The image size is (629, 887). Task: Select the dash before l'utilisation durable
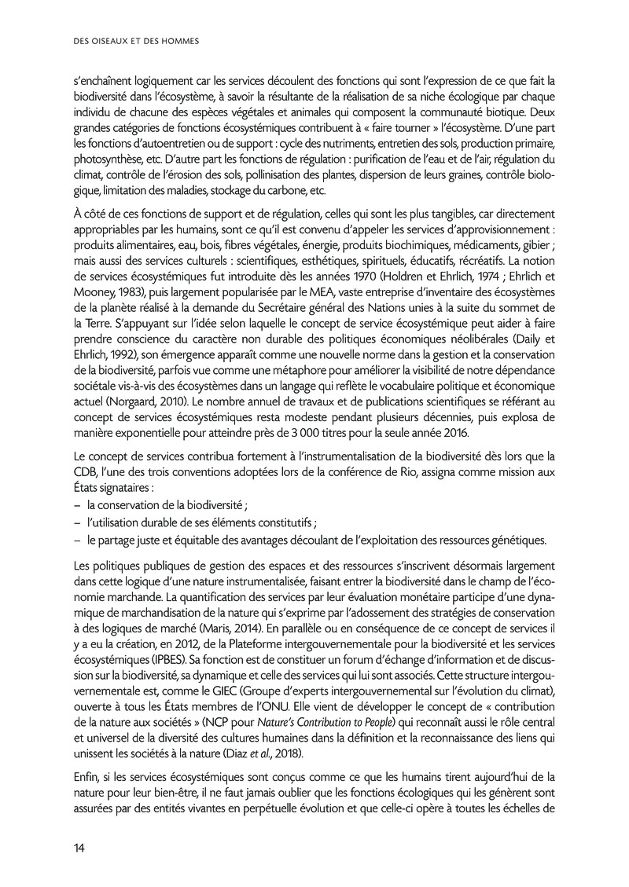coord(79,523)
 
